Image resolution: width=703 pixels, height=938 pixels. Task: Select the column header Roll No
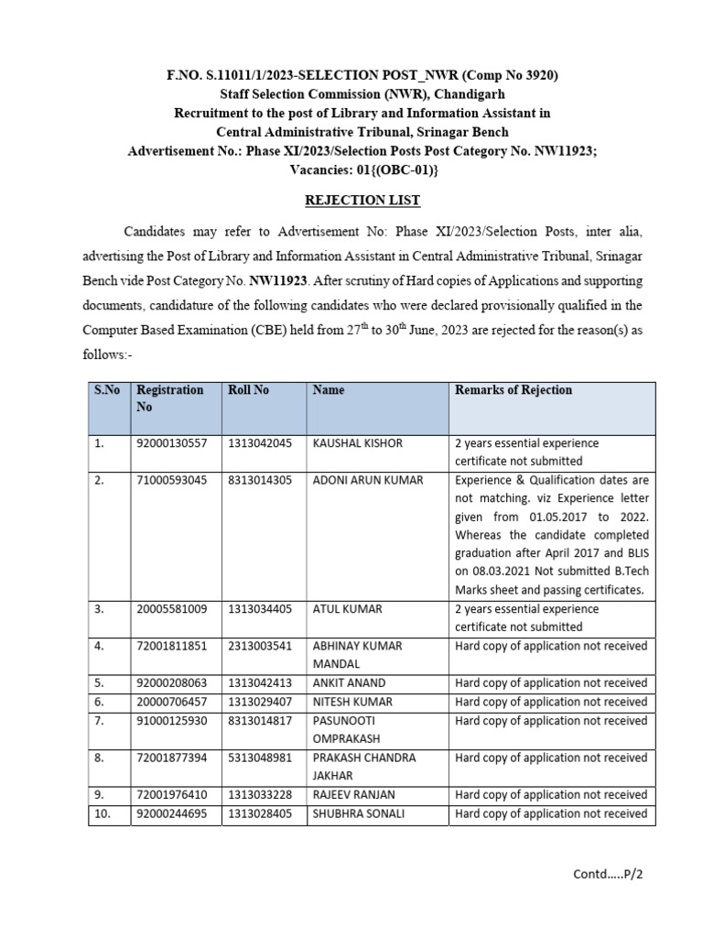[x=248, y=390]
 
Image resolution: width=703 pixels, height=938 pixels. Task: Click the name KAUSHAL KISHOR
[x=357, y=443]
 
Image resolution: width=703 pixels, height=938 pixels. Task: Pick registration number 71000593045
[x=172, y=479]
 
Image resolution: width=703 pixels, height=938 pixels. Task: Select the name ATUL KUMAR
[x=347, y=609]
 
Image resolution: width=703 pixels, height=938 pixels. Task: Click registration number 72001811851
[x=172, y=646]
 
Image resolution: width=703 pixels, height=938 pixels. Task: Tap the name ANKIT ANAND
[x=349, y=683]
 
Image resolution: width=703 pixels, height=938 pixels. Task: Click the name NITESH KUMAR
[x=352, y=702]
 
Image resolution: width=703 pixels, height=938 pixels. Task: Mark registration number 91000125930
[x=172, y=721]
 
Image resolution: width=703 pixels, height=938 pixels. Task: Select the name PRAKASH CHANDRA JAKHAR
[x=363, y=767]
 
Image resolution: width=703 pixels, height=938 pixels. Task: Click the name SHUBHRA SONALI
[x=357, y=813]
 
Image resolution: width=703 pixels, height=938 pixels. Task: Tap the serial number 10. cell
[x=103, y=813]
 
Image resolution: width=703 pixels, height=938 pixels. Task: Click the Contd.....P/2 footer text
[x=609, y=874]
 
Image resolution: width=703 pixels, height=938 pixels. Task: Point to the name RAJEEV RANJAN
[x=353, y=795]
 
